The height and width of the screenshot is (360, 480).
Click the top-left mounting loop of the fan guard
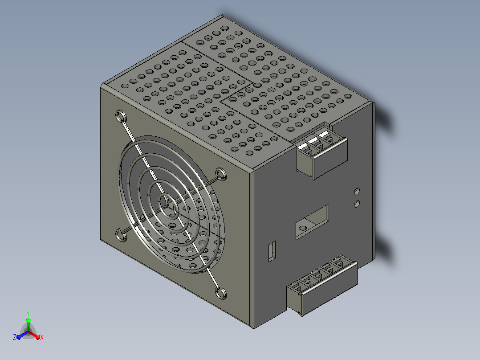point(121,117)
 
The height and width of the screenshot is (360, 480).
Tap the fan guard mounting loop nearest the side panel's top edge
point(221,174)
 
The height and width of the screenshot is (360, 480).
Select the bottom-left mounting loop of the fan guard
point(121,235)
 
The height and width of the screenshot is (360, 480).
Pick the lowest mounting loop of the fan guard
point(221,293)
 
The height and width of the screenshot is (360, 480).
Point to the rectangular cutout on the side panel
point(312,221)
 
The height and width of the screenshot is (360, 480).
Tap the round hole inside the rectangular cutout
point(303,228)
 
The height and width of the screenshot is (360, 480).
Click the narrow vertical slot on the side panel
point(272,251)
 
